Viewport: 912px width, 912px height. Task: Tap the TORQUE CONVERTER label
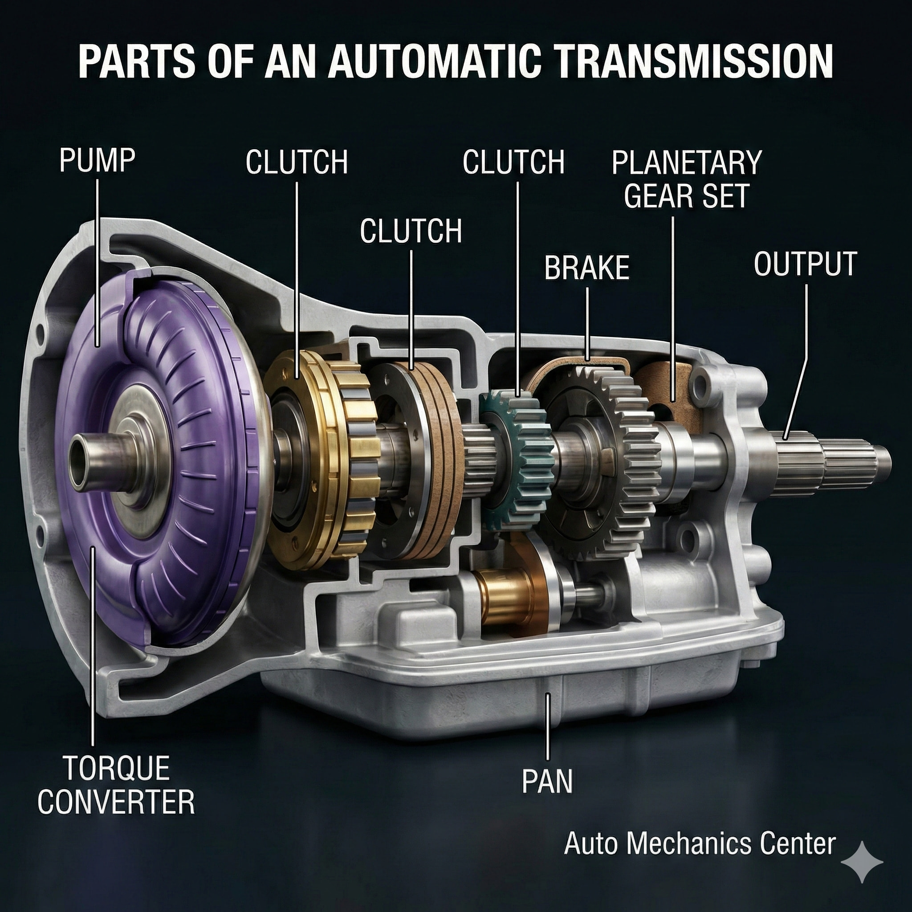pos(116,785)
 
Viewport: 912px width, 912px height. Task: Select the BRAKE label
pos(587,268)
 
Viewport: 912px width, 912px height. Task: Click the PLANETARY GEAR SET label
pos(687,179)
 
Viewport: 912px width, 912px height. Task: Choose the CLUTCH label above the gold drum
pos(297,162)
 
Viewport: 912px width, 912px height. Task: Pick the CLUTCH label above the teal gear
pos(513,162)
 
